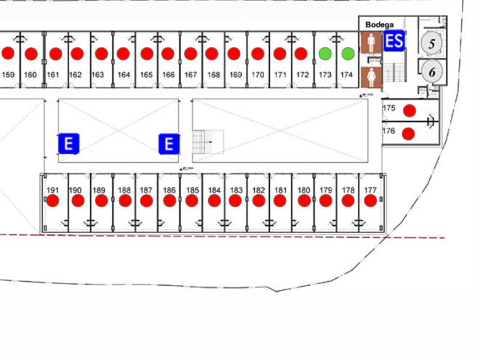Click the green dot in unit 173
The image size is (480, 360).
tap(325, 54)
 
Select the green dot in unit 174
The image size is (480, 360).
tap(348, 54)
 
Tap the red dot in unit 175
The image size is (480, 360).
tap(409, 110)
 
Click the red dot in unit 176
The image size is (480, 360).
tap(408, 134)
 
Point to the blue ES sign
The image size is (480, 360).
tap(394, 41)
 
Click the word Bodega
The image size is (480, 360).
tap(379, 25)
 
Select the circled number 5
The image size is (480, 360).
tap(432, 43)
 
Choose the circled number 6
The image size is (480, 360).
tap(432, 72)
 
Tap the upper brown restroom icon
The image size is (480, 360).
tap(371, 43)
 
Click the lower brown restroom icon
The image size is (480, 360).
tap(371, 75)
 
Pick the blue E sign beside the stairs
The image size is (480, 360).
tap(169, 144)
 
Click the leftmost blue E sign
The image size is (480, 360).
tap(69, 144)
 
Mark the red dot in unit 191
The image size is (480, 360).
tap(53, 201)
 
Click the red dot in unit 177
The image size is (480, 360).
tap(370, 201)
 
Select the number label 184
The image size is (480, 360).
tap(214, 190)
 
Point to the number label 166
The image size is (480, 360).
tap(168, 74)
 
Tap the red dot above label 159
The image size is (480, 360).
tap(8, 53)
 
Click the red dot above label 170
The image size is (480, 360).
tap(258, 54)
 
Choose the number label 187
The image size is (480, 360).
tap(146, 190)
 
